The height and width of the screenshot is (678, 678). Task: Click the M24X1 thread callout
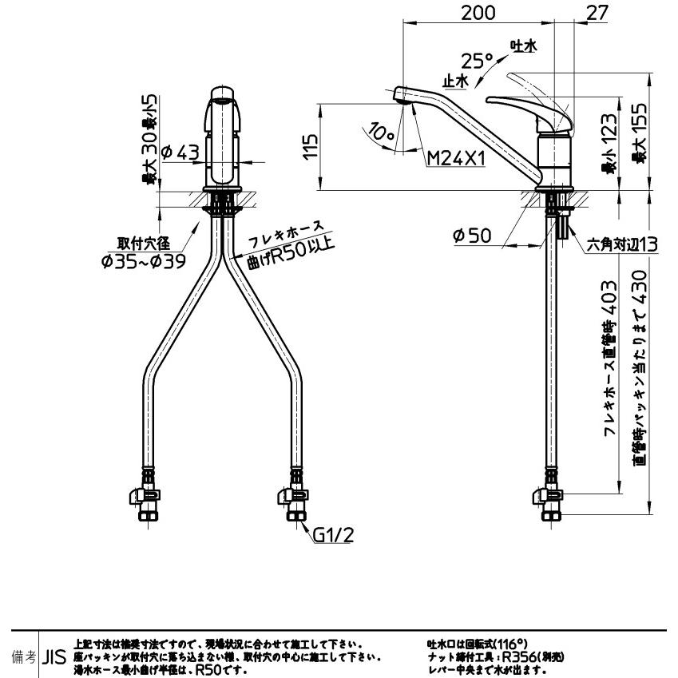tap(456, 159)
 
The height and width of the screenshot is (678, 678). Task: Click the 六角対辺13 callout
tap(622, 245)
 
